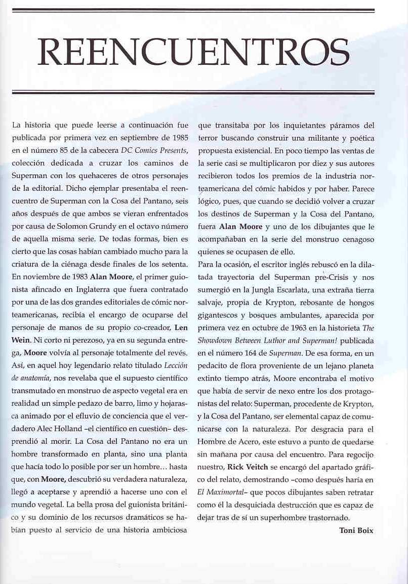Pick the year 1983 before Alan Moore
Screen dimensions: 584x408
click(77, 277)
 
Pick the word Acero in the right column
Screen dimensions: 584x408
click(250, 441)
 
